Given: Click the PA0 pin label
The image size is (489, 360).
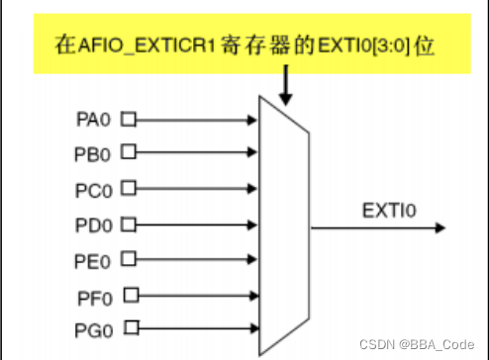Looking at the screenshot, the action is coord(94,120).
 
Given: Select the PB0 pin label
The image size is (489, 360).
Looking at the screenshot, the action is coord(94,153).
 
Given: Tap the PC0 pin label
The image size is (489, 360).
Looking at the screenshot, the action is coord(94,188).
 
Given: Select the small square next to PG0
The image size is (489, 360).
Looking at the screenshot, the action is coord(132,327).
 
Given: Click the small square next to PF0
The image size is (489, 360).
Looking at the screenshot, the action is coord(132,294).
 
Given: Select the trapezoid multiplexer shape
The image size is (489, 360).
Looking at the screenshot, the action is coord(283,225).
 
